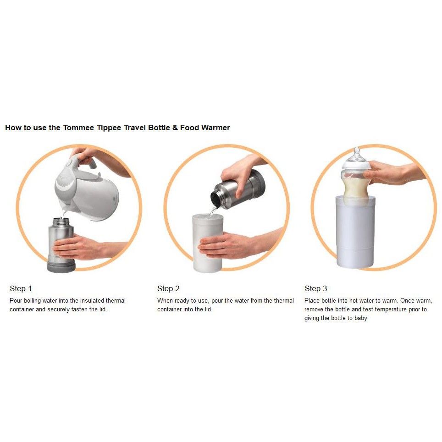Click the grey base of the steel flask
tap(61, 266)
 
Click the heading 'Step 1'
tap(21, 288)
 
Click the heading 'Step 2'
tap(168, 288)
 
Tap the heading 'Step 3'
tap(316, 288)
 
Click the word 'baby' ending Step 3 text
tap(361, 318)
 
